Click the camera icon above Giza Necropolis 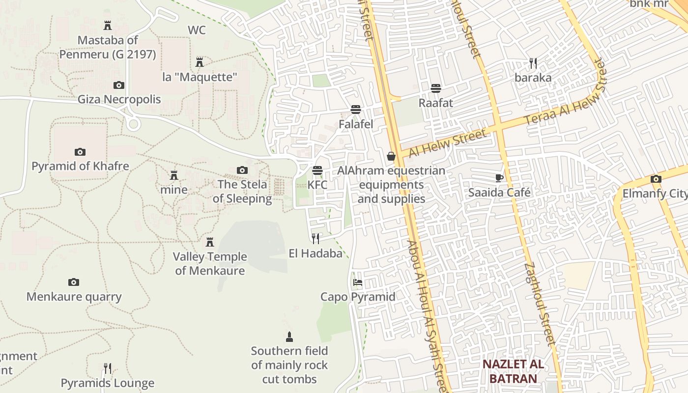118,85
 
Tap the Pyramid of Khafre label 80,166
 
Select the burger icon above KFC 317,170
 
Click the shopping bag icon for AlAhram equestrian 391,156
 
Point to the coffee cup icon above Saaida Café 499,178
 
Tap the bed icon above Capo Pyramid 358,282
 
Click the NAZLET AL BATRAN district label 513,371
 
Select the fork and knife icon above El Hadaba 315,239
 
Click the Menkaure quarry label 74,297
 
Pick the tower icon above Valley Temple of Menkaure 210,242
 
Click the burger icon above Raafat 435,88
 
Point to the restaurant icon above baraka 533,63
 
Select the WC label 197,30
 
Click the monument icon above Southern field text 289,337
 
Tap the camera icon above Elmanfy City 656,179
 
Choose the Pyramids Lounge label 107,383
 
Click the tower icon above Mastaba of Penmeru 107,25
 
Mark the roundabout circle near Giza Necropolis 133,124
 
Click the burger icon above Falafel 356,109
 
